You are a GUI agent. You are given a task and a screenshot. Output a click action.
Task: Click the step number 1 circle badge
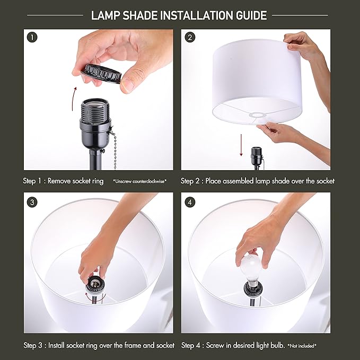click(32, 38)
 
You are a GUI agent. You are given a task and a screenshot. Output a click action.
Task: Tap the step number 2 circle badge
click(190, 38)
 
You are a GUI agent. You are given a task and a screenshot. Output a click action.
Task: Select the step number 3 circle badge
click(32, 203)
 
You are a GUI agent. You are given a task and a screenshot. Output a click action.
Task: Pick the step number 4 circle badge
click(190, 203)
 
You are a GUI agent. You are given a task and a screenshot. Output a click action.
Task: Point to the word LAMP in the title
click(106, 15)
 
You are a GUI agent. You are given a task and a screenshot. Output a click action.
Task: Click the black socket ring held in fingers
click(101, 74)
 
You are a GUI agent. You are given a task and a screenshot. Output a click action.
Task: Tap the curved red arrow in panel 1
click(74, 99)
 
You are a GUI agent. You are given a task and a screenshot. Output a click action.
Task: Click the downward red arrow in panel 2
click(241, 145)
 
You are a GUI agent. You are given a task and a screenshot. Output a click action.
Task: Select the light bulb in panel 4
click(251, 268)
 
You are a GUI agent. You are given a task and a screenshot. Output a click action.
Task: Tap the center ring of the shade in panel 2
click(259, 115)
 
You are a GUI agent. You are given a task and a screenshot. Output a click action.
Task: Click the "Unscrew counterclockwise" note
click(140, 181)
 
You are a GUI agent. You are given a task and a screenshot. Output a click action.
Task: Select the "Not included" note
click(302, 346)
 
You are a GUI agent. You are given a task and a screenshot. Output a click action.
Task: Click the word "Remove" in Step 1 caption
click(59, 181)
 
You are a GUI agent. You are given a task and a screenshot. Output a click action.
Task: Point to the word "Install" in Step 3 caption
click(57, 345)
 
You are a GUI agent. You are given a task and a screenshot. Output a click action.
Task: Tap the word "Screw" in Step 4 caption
click(214, 345)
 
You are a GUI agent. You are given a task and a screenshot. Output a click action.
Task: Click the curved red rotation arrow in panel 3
click(95, 297)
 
